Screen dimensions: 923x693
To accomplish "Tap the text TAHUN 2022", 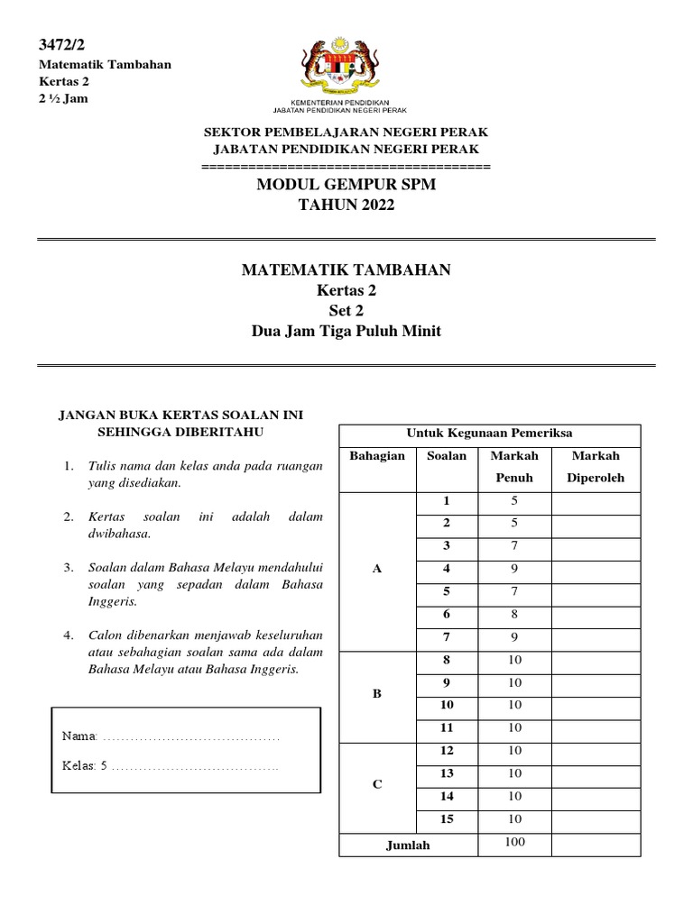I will (x=346, y=206).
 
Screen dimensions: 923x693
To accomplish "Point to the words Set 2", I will (x=346, y=311).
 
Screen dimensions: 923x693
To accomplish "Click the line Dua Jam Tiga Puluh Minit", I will (x=346, y=331).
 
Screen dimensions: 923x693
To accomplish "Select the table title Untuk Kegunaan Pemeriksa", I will (x=489, y=433).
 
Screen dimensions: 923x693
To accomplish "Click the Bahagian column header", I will (x=377, y=456).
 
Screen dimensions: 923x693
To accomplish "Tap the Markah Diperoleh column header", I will (x=595, y=466).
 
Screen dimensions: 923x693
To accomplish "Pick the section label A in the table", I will (x=377, y=570).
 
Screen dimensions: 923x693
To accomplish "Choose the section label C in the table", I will (x=377, y=785).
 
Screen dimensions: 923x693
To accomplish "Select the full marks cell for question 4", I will (x=513, y=570).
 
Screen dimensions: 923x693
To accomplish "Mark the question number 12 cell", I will (x=446, y=751).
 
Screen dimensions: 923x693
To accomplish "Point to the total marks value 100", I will (x=513, y=843).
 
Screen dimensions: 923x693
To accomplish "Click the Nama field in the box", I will (x=171, y=737).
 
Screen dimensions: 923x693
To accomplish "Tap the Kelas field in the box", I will (x=171, y=766).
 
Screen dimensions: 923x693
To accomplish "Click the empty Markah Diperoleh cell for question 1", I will (x=595, y=502).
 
